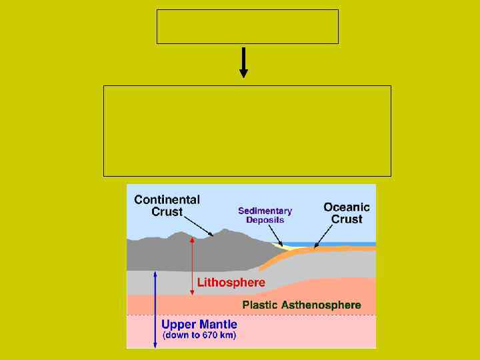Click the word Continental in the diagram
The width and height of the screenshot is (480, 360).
[167, 199]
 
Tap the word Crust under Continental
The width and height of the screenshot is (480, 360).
[167, 212]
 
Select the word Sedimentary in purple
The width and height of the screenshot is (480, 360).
[265, 211]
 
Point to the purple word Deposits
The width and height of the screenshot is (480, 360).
[265, 220]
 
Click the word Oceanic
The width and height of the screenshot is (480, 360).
[347, 207]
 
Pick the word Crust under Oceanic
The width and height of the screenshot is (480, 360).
[347, 219]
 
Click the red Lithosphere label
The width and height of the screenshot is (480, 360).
[231, 282]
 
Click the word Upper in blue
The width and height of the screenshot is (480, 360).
[177, 325]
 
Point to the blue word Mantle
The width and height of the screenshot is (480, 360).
[215, 325]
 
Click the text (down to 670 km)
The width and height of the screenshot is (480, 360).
[199, 335]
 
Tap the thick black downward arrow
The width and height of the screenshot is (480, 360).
[243, 62]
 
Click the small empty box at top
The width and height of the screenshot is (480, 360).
[247, 27]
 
